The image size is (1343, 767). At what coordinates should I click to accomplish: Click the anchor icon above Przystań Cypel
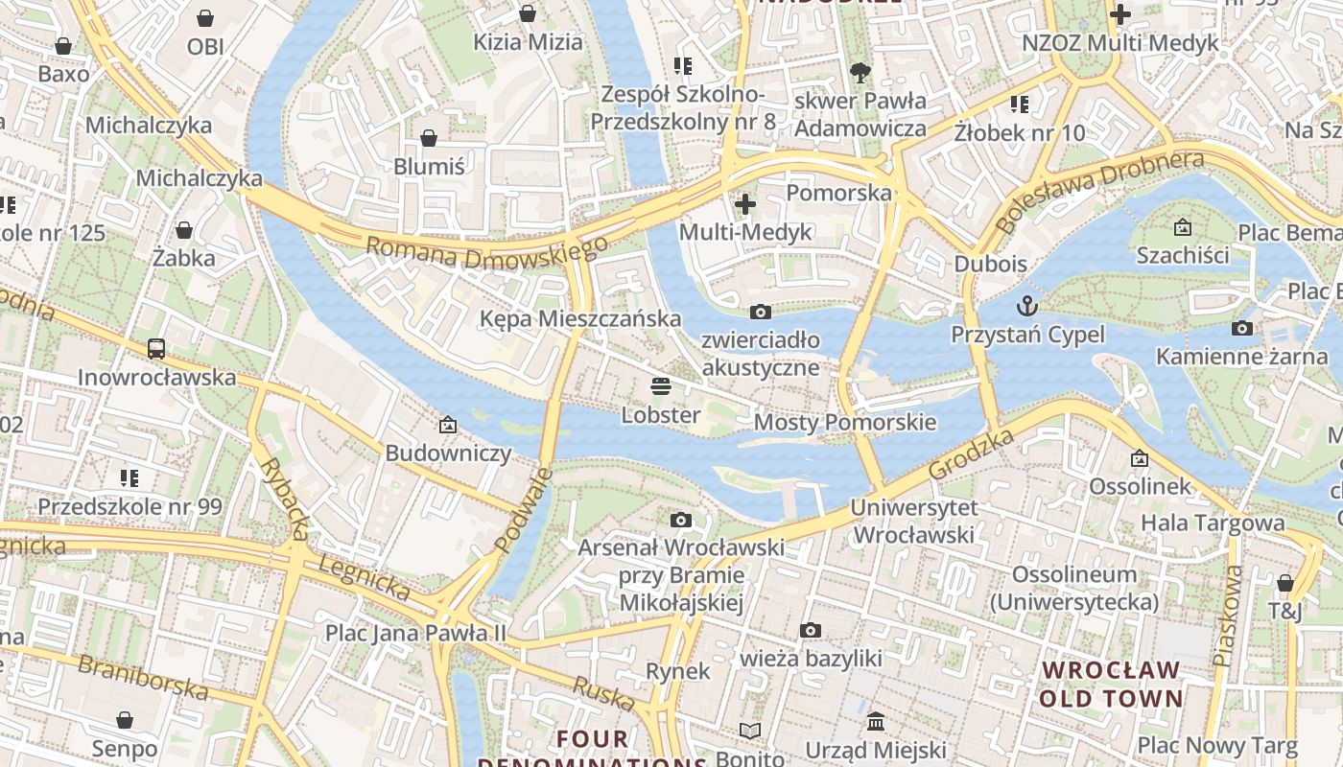coord(1027,306)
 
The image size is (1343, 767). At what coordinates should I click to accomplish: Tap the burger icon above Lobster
coord(660,386)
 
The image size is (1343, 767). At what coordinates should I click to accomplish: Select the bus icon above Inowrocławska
coord(156,348)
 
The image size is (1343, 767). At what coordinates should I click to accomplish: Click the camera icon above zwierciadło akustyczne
coord(760,312)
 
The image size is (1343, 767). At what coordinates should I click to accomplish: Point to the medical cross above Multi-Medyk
coord(744,203)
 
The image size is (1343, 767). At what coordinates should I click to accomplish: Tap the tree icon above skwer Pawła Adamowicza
coord(860,72)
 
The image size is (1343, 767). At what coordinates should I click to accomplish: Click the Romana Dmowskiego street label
coord(486,253)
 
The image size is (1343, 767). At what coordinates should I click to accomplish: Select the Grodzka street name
coord(972,454)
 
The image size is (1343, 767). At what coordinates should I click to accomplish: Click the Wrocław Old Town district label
coord(1111,684)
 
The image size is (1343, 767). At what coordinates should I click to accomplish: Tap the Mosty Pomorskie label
coord(844,422)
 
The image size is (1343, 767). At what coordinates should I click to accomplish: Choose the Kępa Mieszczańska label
coord(580,318)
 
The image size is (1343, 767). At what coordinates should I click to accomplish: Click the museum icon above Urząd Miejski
coord(875,721)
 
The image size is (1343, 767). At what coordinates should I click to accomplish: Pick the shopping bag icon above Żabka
coord(183,230)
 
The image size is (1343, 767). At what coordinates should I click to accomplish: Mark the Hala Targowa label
coord(1212,523)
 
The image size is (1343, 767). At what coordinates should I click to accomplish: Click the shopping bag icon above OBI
coord(205,18)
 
